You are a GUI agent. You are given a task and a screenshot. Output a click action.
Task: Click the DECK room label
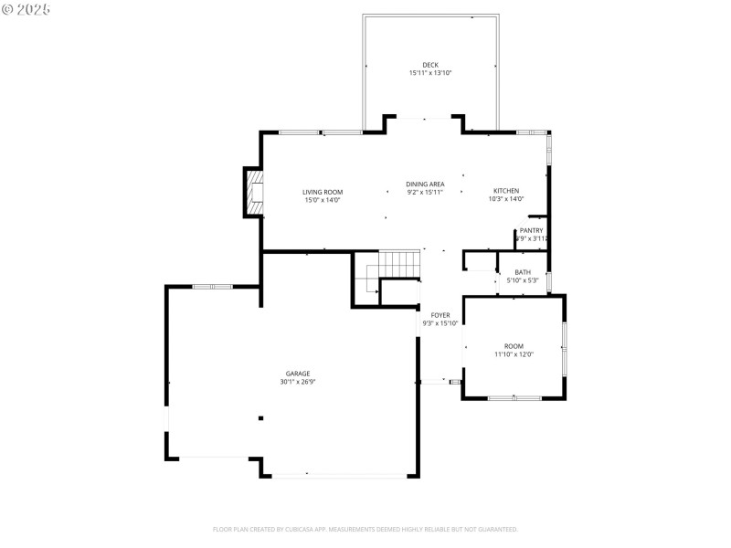coord(429,65)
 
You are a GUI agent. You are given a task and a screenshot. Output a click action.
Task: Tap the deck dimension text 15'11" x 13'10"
coord(429,73)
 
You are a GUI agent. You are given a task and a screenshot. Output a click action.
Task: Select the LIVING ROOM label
coord(323,192)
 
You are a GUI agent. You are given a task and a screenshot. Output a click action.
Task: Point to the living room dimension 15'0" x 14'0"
coord(323,199)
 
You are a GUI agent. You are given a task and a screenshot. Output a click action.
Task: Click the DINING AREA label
coord(425,184)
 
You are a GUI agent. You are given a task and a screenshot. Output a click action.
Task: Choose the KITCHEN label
coord(506,191)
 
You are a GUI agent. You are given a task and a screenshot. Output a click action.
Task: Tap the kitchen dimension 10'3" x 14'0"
coord(506,199)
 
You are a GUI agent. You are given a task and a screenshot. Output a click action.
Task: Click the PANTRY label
coord(531,230)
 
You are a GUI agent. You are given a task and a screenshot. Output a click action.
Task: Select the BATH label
coord(523,272)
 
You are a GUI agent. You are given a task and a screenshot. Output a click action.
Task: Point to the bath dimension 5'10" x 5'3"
coord(523,280)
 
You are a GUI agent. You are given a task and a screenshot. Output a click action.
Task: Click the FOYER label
coord(440,315)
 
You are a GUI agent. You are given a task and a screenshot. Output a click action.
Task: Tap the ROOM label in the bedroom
coord(514,346)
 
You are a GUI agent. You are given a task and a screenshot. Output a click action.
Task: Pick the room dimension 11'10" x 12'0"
coord(514,354)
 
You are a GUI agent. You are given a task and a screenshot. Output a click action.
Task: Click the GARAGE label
coord(297,374)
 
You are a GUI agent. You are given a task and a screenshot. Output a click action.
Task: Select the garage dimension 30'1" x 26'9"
coord(297,382)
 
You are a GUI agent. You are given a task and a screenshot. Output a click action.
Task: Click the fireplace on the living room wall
coord(254,192)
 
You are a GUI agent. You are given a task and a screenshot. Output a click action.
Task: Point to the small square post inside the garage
coord(260,418)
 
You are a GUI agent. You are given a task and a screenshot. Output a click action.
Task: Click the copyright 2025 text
coord(26,8)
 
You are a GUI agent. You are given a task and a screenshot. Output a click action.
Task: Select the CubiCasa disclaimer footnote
coord(365,529)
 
